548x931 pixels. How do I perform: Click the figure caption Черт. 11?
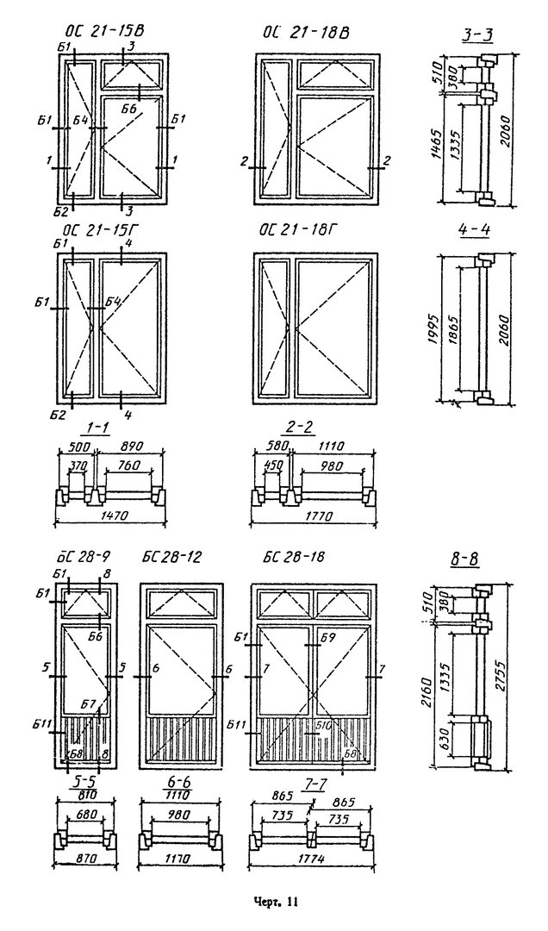(274, 903)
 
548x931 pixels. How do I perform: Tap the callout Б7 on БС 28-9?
(88, 704)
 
